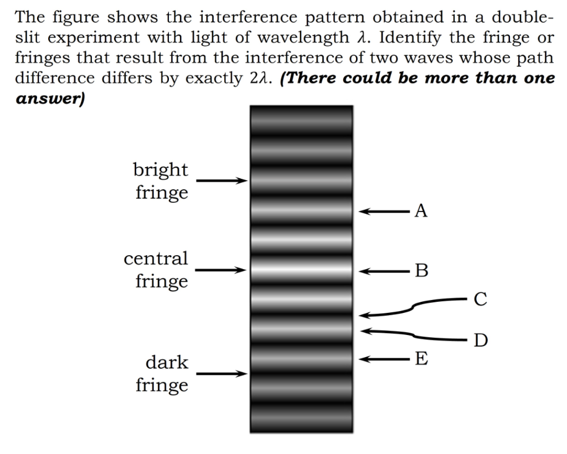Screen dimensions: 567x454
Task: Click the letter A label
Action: point(421,211)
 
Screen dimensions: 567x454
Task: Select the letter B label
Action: point(422,271)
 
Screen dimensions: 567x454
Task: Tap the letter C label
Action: point(481,300)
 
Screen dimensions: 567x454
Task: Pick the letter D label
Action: point(481,339)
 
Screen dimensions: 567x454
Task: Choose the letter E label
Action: point(421,359)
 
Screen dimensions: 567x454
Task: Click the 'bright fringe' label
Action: point(161,181)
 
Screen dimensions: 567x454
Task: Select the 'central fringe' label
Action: point(156,270)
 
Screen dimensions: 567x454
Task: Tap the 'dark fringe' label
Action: point(162,374)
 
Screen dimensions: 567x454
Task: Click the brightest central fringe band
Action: point(301,271)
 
